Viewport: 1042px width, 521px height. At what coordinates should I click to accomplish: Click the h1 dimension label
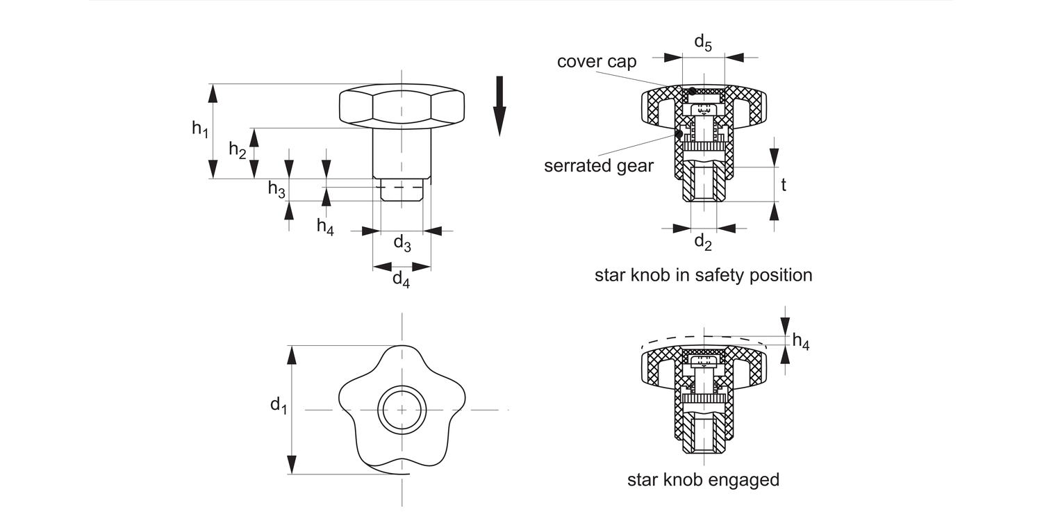[x=200, y=129]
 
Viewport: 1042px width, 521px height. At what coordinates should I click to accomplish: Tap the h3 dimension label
[x=276, y=190]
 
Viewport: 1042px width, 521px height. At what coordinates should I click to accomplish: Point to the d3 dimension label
[x=402, y=242]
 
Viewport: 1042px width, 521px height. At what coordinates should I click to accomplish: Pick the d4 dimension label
[x=401, y=279]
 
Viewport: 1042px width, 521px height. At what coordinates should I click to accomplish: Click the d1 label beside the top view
[x=279, y=405]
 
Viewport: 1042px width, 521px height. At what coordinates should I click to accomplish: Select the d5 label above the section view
[x=703, y=42]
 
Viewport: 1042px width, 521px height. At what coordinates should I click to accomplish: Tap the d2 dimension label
[x=703, y=242]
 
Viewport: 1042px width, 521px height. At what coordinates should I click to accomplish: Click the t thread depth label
[x=784, y=185]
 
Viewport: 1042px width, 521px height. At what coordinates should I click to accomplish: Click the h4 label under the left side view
[x=325, y=226]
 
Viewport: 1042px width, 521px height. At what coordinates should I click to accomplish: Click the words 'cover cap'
[x=597, y=62]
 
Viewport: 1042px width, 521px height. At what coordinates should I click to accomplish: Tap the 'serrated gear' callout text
[x=599, y=166]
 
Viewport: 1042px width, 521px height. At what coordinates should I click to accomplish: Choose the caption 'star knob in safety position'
[x=703, y=275]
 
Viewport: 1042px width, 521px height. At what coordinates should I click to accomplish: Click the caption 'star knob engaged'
[x=703, y=479]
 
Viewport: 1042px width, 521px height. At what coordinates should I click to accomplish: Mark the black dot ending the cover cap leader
[x=692, y=92]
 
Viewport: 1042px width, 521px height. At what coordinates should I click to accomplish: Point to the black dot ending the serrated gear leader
[x=679, y=133]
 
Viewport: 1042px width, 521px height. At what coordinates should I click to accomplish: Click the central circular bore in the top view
[x=402, y=410]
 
